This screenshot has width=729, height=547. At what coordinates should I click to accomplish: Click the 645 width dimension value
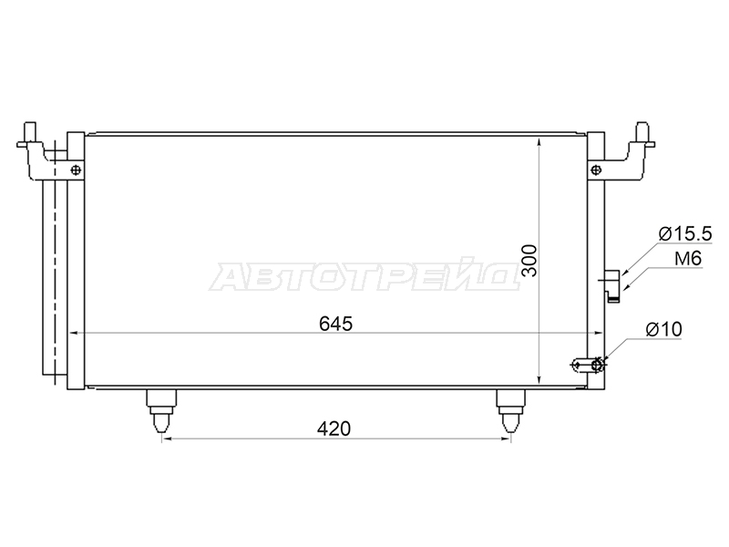pyautogui.click(x=335, y=324)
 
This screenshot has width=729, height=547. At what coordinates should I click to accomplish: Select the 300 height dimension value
pyautogui.click(x=529, y=261)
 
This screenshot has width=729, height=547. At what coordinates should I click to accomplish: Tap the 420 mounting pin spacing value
pyautogui.click(x=334, y=428)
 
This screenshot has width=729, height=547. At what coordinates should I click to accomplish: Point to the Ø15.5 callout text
pyautogui.click(x=685, y=234)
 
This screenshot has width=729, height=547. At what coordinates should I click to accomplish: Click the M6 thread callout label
pyautogui.click(x=688, y=259)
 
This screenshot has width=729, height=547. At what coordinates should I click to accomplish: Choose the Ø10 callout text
pyautogui.click(x=663, y=330)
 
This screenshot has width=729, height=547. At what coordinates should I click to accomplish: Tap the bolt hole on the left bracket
pyautogui.click(x=76, y=170)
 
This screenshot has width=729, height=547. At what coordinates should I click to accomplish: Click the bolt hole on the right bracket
pyautogui.click(x=596, y=170)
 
